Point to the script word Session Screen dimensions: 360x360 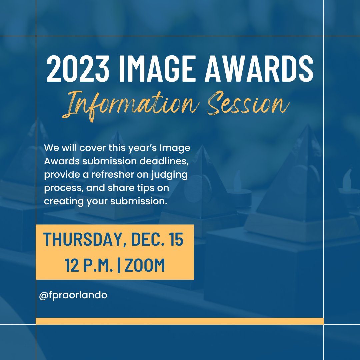point(247,104)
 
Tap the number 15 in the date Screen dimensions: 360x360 point(175,239)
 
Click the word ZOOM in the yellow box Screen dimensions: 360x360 point(145,265)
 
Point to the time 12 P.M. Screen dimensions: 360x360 point(89,265)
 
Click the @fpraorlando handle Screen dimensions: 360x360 point(73,295)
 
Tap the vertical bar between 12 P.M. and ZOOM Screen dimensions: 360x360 point(119,265)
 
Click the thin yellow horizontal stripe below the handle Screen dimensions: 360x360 point(180,321)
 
